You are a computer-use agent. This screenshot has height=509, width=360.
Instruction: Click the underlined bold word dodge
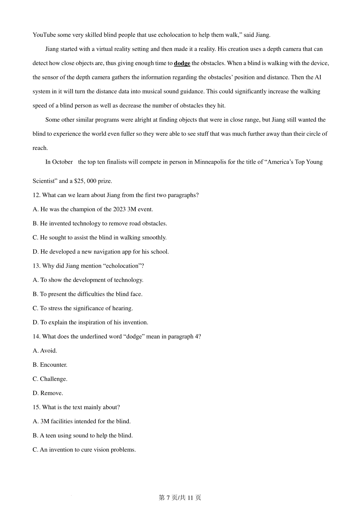coord(182,63)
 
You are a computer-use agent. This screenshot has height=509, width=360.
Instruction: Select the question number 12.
coord(36,195)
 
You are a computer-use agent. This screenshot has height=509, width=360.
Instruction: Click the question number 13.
coord(36,266)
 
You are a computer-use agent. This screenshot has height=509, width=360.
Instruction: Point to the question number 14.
coord(36,337)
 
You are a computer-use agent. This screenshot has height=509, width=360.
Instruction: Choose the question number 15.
coord(36,407)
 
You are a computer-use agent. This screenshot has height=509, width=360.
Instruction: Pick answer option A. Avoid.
coord(45,351)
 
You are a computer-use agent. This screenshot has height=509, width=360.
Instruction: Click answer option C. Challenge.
coord(50,379)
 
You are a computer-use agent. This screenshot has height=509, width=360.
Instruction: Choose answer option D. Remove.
coord(48,393)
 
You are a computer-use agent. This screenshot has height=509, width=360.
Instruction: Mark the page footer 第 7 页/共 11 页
coord(180,498)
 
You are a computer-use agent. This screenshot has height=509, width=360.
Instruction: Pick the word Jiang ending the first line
coord(263,35)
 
